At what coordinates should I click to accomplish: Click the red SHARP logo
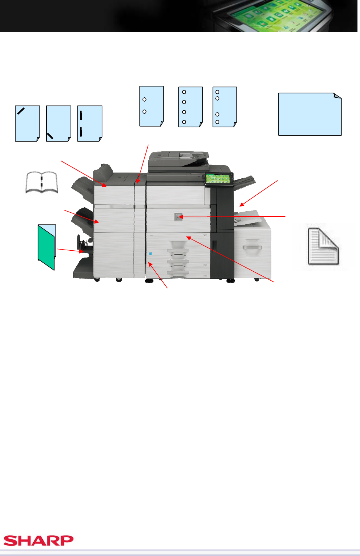click(38, 540)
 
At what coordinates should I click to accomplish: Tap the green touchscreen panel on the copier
click(219, 178)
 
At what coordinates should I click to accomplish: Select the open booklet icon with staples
click(42, 182)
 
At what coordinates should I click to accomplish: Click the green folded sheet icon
click(47, 247)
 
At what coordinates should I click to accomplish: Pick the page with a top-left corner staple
click(27, 124)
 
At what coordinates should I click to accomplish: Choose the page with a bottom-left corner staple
click(59, 124)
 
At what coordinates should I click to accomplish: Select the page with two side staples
click(90, 124)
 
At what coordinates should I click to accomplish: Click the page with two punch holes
click(152, 106)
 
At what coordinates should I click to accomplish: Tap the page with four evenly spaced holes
click(190, 107)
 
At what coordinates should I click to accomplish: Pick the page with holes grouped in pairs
click(225, 107)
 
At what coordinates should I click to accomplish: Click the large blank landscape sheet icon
click(310, 114)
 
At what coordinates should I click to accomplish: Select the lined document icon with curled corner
click(323, 246)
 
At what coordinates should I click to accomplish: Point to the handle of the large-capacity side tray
click(252, 247)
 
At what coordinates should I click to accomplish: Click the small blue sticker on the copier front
click(150, 254)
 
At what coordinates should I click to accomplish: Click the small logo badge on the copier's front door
click(178, 217)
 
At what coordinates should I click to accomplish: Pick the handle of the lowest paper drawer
click(178, 273)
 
